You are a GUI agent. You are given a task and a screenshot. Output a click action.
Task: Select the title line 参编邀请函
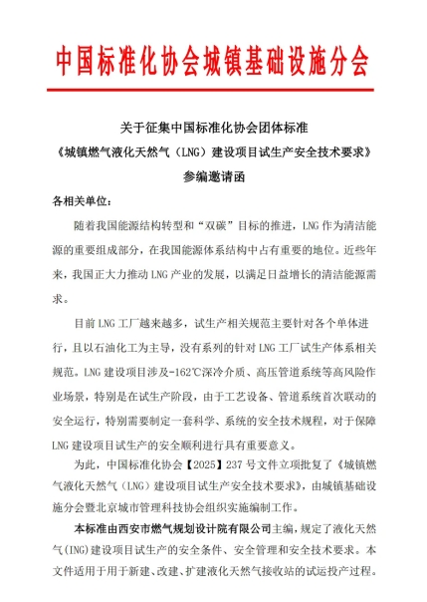point(212,176)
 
